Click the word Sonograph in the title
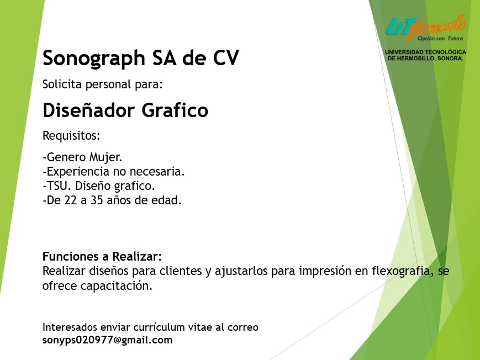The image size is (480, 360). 94,58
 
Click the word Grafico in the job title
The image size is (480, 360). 175,110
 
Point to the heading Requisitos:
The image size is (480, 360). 71,136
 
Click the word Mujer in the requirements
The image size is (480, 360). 106,157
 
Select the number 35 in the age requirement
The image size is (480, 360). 97,200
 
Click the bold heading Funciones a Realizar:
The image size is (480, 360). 102,256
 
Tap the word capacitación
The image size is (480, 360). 117,286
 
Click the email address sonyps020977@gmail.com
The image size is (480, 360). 108,340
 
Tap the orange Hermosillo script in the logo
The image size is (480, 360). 436,28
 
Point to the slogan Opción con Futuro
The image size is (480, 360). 440,39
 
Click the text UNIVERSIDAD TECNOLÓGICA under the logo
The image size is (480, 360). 425,52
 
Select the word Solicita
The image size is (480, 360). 62,84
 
